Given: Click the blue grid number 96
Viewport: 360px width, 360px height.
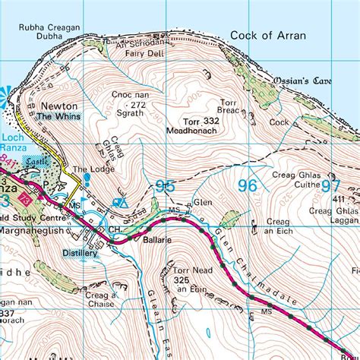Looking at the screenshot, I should [248, 185].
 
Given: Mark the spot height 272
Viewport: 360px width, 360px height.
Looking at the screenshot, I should [137, 104].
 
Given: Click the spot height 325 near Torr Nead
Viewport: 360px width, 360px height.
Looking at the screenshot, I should [181, 279].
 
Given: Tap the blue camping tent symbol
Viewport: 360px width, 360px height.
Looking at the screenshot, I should [118, 203].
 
